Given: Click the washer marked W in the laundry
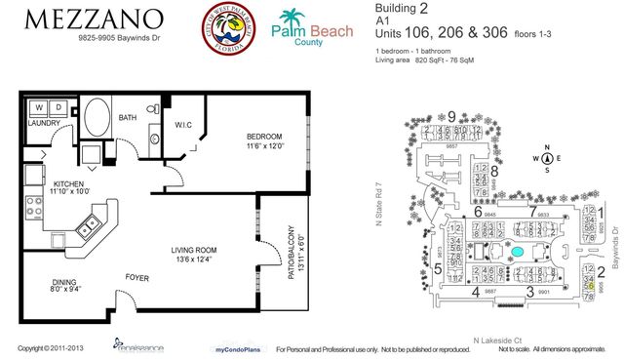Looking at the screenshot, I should (x=39, y=107).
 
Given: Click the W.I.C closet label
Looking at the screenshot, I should (x=188, y=124).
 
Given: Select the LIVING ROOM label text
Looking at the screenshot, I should (x=194, y=250).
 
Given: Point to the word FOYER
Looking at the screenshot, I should (x=136, y=276).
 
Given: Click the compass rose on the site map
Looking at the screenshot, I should (x=548, y=158).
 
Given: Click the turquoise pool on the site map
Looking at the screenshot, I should (x=518, y=251).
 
